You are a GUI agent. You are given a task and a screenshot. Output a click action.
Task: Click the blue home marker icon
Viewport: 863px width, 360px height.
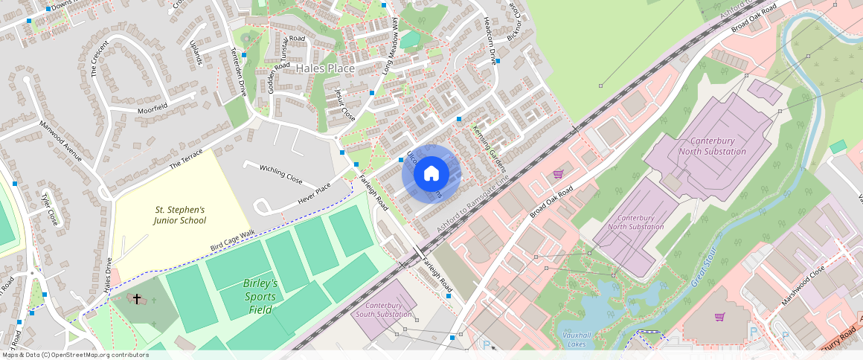point(431,174)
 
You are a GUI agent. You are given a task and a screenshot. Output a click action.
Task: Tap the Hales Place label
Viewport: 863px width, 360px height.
point(325,68)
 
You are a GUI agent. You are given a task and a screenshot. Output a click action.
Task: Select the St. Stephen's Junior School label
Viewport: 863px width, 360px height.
point(179,215)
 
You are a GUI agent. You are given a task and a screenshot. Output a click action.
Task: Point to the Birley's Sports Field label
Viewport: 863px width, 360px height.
point(260,290)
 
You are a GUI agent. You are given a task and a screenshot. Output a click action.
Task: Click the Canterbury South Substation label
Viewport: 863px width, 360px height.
point(384,309)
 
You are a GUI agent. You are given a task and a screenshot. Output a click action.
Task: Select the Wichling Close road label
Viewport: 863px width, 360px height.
point(280,174)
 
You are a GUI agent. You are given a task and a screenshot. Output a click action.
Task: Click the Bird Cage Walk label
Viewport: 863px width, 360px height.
point(232,240)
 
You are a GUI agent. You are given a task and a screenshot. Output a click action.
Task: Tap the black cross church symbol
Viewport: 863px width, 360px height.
point(136,298)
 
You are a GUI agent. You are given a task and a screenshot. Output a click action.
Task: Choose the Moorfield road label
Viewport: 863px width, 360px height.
point(153,110)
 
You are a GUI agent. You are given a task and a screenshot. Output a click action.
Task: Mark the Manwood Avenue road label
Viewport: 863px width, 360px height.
point(60,141)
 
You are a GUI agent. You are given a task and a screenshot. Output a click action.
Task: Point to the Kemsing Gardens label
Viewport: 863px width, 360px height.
point(489,148)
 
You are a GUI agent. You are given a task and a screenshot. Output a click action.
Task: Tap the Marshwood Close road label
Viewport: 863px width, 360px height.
point(803,286)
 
